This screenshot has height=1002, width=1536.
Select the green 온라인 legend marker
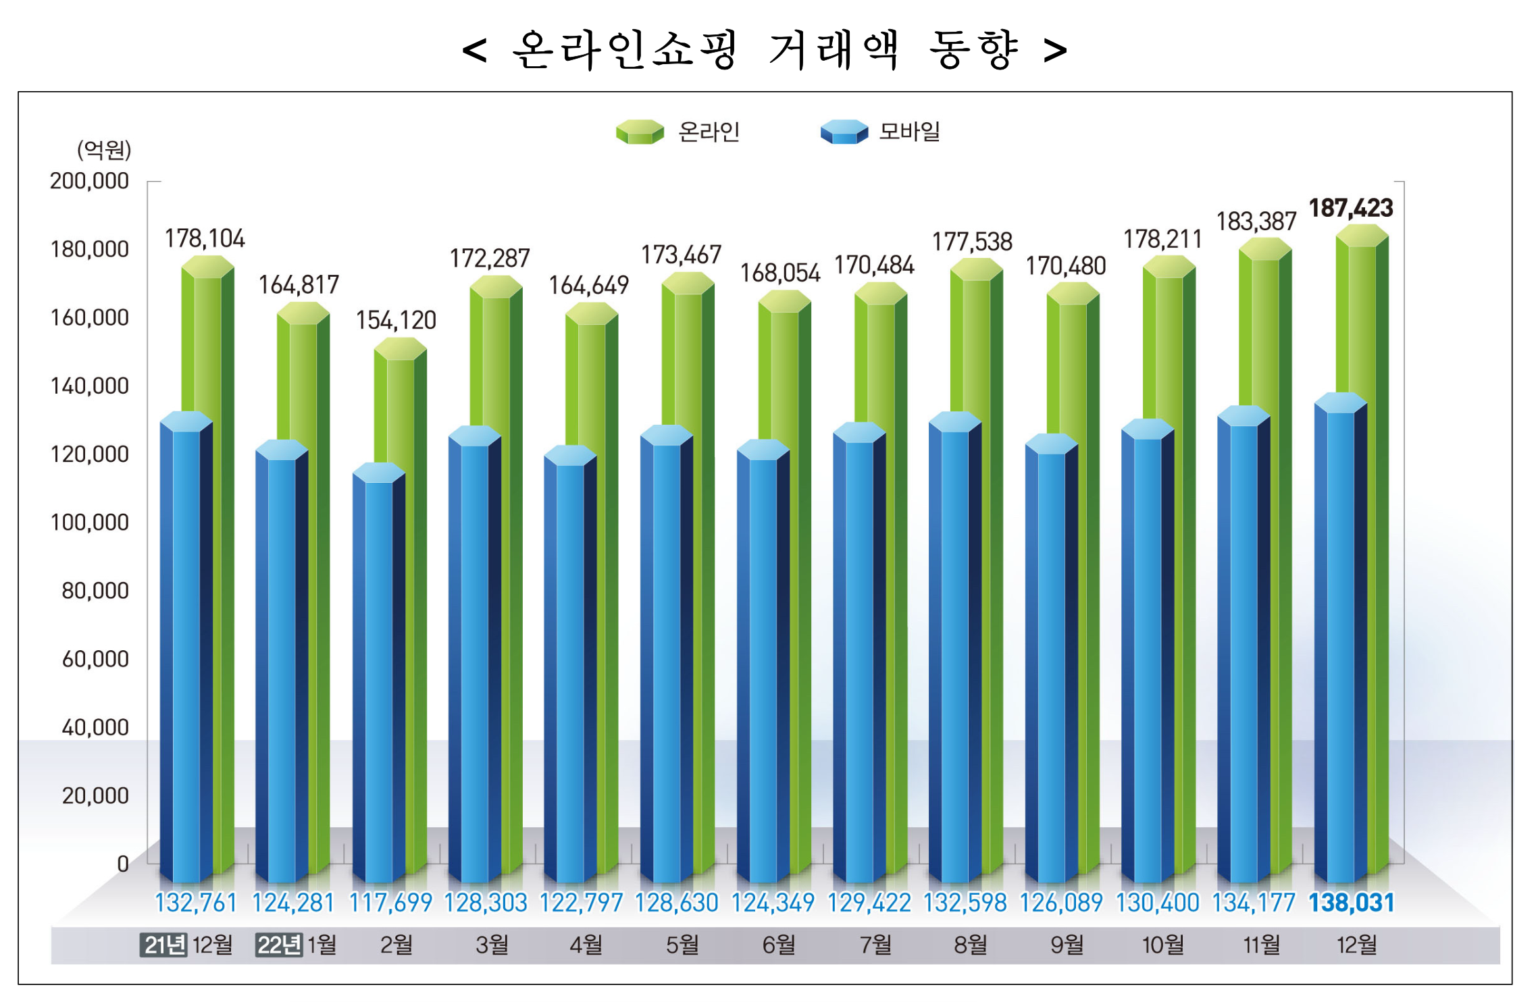point(640,132)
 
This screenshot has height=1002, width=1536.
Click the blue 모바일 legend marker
point(844,132)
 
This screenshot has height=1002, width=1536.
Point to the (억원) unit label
point(104,150)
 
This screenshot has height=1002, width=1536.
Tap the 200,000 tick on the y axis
point(89,181)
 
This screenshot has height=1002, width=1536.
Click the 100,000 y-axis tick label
point(89,523)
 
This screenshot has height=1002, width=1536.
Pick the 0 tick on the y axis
point(122,864)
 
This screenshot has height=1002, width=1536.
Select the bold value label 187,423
point(1351,208)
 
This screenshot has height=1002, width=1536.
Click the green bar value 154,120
point(396,320)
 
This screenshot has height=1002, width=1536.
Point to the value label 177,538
point(972,242)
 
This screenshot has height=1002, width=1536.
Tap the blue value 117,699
point(390,903)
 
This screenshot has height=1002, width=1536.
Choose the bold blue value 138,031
point(1351,903)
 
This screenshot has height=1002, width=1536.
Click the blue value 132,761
point(196,903)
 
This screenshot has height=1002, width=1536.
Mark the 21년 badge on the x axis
point(163,945)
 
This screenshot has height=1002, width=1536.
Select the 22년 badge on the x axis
point(278,945)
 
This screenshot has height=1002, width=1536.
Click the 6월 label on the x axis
point(778,945)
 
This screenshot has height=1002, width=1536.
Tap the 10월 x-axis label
point(1162,945)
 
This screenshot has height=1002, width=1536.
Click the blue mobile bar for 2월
point(378,675)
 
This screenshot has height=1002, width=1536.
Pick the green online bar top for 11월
point(1265,249)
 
